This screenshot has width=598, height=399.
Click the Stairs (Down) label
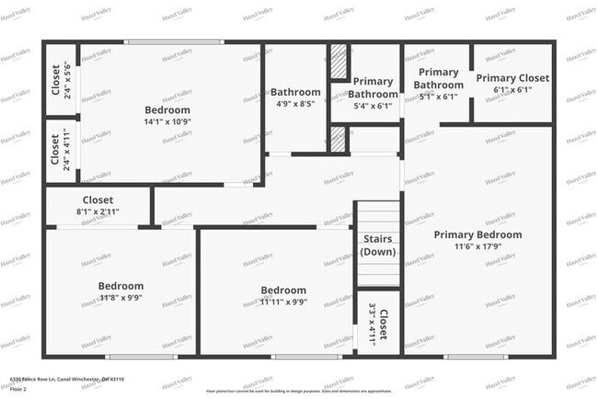point(378,245)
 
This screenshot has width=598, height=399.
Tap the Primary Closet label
point(512,79)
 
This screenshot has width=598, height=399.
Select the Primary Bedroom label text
point(477,234)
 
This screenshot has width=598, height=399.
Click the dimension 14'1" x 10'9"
point(167,121)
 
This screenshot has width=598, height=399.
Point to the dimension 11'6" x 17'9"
point(477,246)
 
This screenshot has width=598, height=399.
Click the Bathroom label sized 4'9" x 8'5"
point(295,92)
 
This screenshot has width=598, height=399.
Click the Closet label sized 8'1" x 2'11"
point(98,199)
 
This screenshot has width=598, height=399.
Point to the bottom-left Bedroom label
point(121,286)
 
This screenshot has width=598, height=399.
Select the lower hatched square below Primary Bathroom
point(338,139)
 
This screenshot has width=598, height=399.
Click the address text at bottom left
point(66,379)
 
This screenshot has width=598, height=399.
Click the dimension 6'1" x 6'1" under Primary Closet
point(512,90)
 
